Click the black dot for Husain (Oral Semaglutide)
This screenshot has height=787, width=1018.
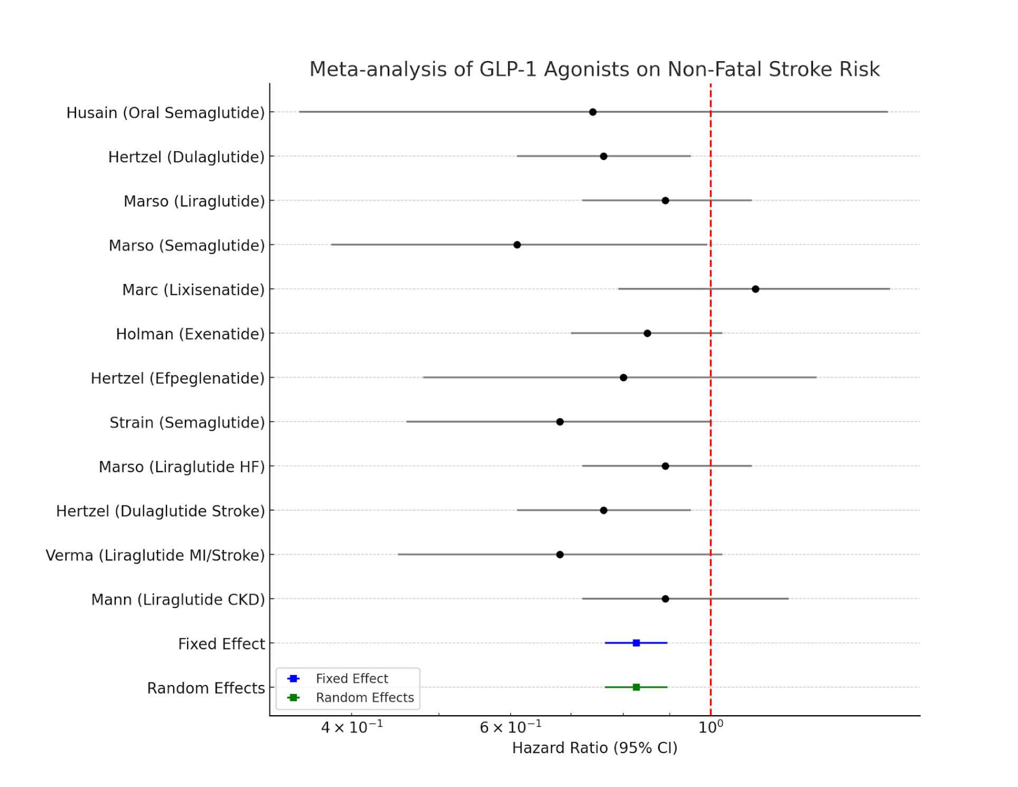coord(593,112)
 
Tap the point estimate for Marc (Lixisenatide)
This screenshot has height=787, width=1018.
coord(755,289)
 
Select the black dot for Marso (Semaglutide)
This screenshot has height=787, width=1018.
coord(517,245)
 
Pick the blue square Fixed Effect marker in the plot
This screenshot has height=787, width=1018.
coord(637,643)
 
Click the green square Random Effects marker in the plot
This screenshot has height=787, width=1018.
coord(637,687)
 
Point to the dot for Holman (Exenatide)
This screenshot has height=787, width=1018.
coord(647,333)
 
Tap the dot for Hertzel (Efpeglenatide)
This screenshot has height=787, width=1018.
coord(623,378)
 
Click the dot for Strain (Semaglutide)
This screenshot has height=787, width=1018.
coord(560,421)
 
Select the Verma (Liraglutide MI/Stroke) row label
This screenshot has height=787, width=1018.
coord(155,555)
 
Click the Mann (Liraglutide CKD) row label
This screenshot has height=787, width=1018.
coord(178,599)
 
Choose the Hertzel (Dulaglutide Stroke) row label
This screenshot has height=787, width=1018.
coord(160,511)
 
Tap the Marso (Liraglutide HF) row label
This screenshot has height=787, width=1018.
coord(182,467)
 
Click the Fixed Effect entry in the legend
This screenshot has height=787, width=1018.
coord(351,679)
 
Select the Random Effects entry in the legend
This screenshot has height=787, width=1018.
coord(365,698)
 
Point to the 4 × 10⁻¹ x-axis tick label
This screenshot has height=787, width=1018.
coord(352,727)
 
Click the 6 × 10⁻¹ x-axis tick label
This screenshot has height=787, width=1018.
coord(510,727)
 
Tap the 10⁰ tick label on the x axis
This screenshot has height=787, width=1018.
coord(711,727)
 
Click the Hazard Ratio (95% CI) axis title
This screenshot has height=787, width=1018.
coord(594,748)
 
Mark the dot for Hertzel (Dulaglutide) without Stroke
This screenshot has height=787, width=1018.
coord(603,156)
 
